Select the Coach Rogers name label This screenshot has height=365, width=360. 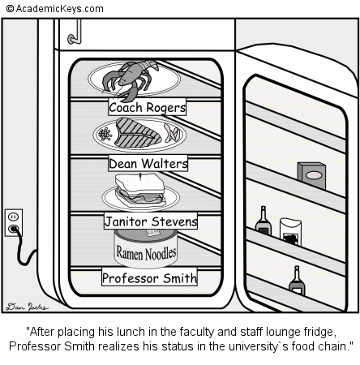148,107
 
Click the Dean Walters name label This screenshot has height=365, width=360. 148,164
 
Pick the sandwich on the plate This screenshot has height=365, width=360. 139,190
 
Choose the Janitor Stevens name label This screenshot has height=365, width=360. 151,221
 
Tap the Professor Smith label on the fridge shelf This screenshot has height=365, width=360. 150,278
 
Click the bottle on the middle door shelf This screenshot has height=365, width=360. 263,221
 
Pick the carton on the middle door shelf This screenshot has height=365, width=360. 289,230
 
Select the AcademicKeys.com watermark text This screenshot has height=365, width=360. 54,8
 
